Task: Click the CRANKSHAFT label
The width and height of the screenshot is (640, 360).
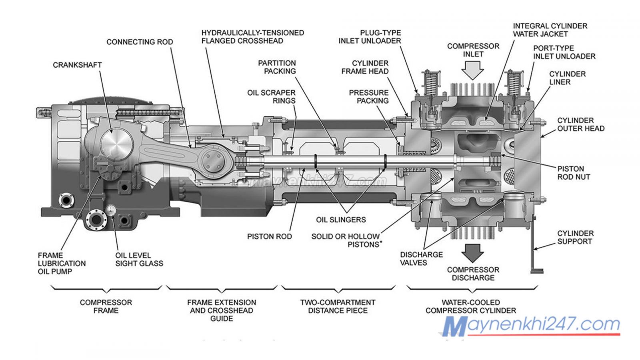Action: pyautogui.click(x=77, y=65)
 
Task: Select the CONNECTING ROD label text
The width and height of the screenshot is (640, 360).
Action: pyautogui.click(x=140, y=42)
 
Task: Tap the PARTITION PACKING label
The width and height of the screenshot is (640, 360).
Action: pyautogui.click(x=277, y=67)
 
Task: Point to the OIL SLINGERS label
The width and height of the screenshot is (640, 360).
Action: pyautogui.click(x=341, y=220)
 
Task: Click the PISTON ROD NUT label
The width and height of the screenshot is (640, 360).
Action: pyautogui.click(x=574, y=173)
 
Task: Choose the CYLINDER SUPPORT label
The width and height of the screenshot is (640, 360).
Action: pyautogui.click(x=575, y=237)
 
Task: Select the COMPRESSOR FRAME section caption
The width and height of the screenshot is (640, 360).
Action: pyautogui.click(x=106, y=306)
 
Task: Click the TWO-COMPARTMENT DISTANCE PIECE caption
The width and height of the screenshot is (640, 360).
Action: pyautogui.click(x=338, y=306)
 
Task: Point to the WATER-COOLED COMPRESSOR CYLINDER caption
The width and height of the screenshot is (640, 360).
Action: pyautogui.click(x=471, y=306)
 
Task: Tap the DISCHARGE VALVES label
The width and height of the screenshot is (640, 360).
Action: pyautogui.click(x=421, y=258)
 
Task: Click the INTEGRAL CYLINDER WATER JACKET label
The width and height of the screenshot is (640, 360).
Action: pyautogui.click(x=550, y=30)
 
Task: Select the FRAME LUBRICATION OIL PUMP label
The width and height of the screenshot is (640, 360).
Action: pyautogui.click(x=62, y=263)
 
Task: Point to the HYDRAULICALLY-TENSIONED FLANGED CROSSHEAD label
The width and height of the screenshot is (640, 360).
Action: pyautogui.click(x=252, y=37)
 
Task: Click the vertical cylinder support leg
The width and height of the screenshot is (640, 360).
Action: pyautogui.click(x=534, y=244)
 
